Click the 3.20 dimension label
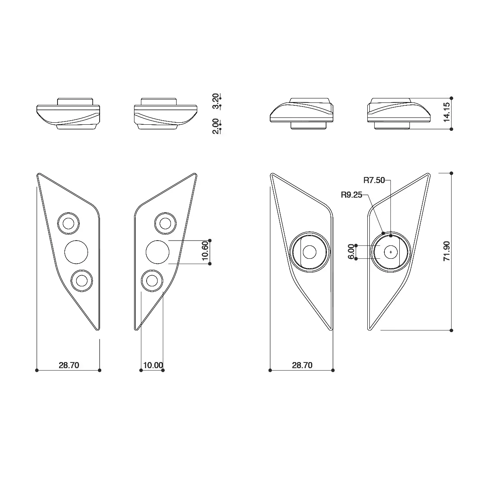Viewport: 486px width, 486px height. pyautogui.click(x=215, y=101)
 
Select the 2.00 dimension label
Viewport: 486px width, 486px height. pyautogui.click(x=215, y=126)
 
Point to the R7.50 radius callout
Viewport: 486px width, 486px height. pyautogui.click(x=374, y=180)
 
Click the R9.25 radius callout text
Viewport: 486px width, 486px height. pyautogui.click(x=352, y=195)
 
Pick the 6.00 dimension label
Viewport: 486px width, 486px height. pyautogui.click(x=351, y=252)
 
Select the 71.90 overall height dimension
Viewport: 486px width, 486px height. pyautogui.click(x=446, y=252)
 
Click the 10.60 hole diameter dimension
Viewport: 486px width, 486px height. pyautogui.click(x=205, y=252)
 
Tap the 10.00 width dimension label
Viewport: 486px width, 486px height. pyautogui.click(x=153, y=365)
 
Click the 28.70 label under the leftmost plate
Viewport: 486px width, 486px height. pyautogui.click(x=69, y=365)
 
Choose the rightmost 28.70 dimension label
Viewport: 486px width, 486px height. pyautogui.click(x=302, y=365)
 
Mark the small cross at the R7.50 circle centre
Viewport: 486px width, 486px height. pyautogui.click(x=390, y=252)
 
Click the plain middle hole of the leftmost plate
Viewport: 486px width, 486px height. pyautogui.click(x=76, y=252)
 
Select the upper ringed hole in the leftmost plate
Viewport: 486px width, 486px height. pyautogui.click(x=68, y=223)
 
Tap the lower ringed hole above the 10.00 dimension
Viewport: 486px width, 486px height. pyautogui.click(x=152, y=280)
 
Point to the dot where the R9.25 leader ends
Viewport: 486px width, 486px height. pyautogui.click(x=383, y=233)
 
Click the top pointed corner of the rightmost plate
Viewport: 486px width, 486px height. pyautogui.click(x=428, y=175)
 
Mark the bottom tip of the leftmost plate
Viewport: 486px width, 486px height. pyautogui.click(x=98, y=330)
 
